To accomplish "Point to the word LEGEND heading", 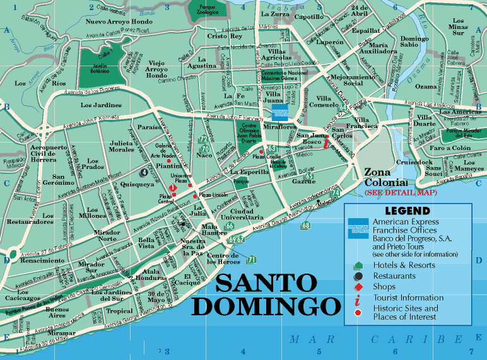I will (x=407, y=211).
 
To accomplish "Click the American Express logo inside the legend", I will (x=358, y=226).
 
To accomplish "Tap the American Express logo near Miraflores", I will (x=279, y=113).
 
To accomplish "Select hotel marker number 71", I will (x=252, y=259).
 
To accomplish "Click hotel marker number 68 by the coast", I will (x=306, y=225).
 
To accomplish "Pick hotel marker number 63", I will (x=271, y=148).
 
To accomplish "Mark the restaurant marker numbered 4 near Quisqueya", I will (x=144, y=171).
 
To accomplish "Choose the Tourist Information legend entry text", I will (x=408, y=298).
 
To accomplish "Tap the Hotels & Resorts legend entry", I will (x=404, y=265).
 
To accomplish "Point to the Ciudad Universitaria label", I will (x=250, y=215).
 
